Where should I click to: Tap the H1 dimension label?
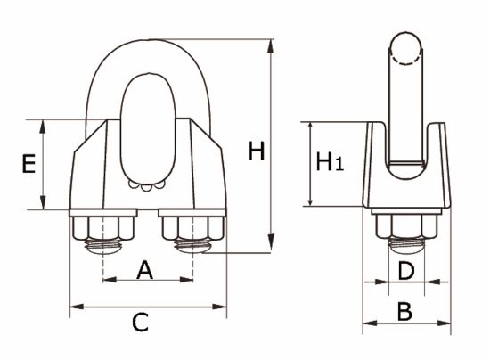(x=329, y=162)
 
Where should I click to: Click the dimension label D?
(x=405, y=270)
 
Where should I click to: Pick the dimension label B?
(x=404, y=311)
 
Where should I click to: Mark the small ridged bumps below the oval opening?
(x=146, y=186)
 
